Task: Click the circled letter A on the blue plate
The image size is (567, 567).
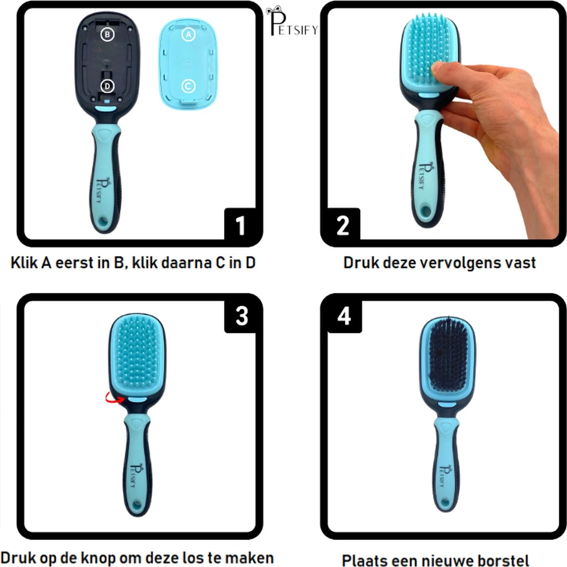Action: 189,34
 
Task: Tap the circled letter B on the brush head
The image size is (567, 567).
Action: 107,34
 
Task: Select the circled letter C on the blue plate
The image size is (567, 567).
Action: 189,86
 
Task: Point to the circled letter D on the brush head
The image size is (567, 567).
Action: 107,86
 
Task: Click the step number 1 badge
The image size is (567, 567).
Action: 241,225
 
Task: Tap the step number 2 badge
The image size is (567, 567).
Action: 342,225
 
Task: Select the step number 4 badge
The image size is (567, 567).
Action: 344,315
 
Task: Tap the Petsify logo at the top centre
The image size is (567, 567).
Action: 292,21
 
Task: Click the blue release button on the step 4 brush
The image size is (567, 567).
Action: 444,404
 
